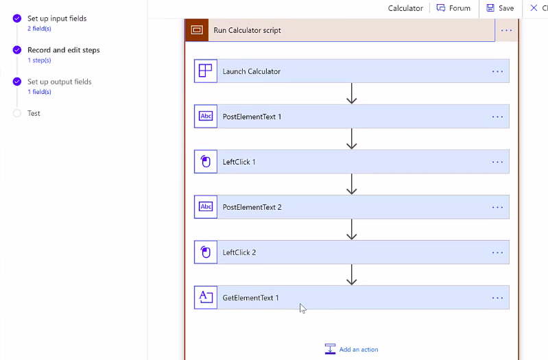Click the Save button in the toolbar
(500, 8)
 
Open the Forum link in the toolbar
(453, 8)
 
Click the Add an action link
(352, 349)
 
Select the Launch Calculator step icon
(206, 71)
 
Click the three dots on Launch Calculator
(497, 71)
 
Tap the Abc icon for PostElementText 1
(206, 117)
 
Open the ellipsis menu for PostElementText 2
(497, 207)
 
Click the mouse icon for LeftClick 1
(206, 161)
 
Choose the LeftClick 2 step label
(239, 252)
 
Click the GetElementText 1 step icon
(206, 298)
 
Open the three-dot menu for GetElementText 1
(497, 298)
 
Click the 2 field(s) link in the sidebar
(40, 29)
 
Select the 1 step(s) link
(40, 60)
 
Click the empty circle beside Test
(16, 113)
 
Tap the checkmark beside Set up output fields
(16, 82)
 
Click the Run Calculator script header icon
(197, 30)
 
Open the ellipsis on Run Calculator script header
(506, 30)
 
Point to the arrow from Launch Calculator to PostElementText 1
(352, 93)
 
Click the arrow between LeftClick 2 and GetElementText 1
(352, 275)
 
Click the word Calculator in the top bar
(405, 8)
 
